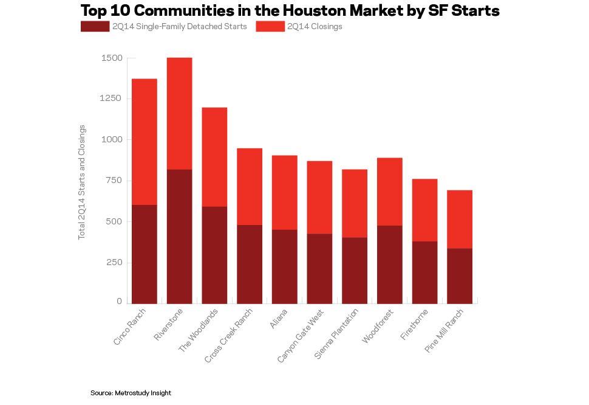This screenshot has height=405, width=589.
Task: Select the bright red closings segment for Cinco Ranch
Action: (x=144, y=142)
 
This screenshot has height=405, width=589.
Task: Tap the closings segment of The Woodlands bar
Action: (x=214, y=157)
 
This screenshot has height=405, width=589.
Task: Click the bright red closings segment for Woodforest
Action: (x=389, y=192)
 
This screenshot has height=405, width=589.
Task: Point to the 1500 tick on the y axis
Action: (x=111, y=58)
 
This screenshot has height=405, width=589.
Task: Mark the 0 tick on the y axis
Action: (x=119, y=302)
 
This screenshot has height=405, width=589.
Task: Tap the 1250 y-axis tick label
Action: (x=111, y=99)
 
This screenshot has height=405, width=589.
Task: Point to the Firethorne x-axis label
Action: (x=415, y=325)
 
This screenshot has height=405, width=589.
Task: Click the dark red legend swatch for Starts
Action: (x=95, y=27)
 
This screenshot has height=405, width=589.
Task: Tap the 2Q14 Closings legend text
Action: (x=315, y=27)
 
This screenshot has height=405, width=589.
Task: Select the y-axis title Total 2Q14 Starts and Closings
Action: (x=82, y=182)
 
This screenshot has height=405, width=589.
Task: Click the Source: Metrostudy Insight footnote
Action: (x=131, y=393)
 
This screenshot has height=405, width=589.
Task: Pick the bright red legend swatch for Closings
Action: (x=270, y=27)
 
